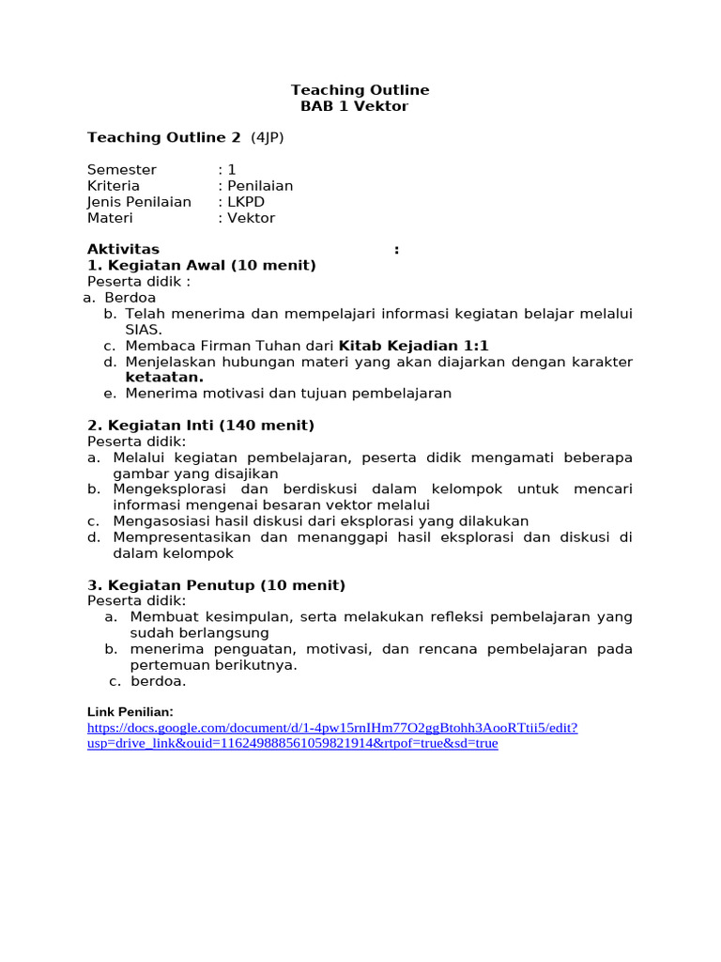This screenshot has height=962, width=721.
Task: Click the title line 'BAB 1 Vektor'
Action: (354, 106)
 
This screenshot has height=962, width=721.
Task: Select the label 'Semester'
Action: (122, 170)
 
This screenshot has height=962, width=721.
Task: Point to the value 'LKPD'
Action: (251, 202)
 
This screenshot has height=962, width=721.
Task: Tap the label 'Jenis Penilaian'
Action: (139, 202)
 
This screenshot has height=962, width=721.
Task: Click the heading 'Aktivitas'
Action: (123, 250)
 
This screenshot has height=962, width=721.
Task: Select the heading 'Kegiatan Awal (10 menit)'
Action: (201, 266)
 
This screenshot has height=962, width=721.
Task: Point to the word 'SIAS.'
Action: (144, 330)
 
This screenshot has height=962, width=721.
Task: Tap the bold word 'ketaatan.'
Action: (164, 378)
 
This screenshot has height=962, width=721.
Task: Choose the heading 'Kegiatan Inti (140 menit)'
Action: (200, 426)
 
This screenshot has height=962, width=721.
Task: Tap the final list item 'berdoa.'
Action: (159, 681)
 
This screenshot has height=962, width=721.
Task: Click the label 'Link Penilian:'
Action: (130, 712)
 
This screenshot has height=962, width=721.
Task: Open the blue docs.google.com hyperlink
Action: (332, 728)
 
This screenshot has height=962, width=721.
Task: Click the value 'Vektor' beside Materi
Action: (252, 218)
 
